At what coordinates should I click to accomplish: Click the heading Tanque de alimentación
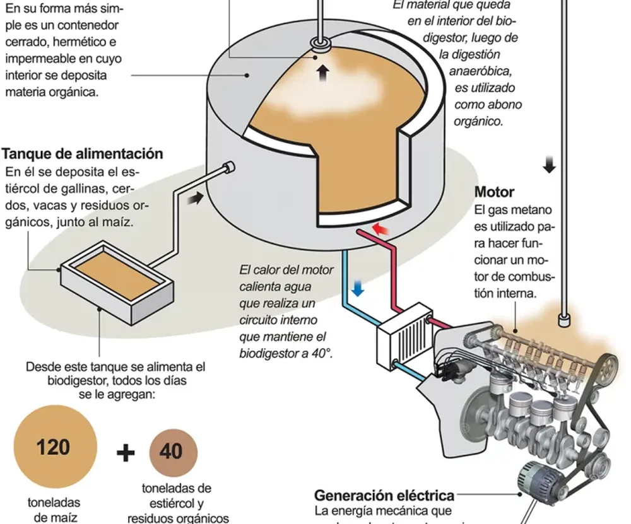83,154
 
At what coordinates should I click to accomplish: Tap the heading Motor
494,192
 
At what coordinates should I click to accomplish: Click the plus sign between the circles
126,452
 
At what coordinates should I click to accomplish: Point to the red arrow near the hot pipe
380,228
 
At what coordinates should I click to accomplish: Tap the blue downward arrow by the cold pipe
358,288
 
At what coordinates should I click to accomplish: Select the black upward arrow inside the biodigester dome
323,73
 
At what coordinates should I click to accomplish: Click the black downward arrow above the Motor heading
550,165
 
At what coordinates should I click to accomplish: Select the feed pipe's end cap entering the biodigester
230,167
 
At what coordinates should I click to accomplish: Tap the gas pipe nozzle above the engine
563,320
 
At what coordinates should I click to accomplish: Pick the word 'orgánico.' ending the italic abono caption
479,121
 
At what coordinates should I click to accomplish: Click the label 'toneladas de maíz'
54,510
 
